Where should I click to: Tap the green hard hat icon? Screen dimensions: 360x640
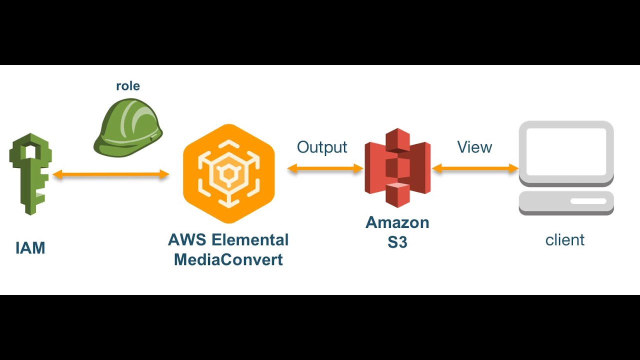128,127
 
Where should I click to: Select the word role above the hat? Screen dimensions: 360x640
128,86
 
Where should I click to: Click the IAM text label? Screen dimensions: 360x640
30,248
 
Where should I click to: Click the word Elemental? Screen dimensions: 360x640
250,239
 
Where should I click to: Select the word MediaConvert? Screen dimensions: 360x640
228,260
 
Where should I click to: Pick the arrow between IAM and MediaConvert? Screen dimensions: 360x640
111,174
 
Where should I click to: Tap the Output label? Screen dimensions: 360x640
322,147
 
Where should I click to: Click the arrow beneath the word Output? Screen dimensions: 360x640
325,169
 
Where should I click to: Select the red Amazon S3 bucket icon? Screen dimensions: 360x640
397,167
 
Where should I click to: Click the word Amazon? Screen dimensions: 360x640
397,222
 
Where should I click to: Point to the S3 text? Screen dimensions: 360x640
397,242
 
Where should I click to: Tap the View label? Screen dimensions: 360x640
474,147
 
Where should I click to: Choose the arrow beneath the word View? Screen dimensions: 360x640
475,169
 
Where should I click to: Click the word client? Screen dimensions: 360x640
565,240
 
